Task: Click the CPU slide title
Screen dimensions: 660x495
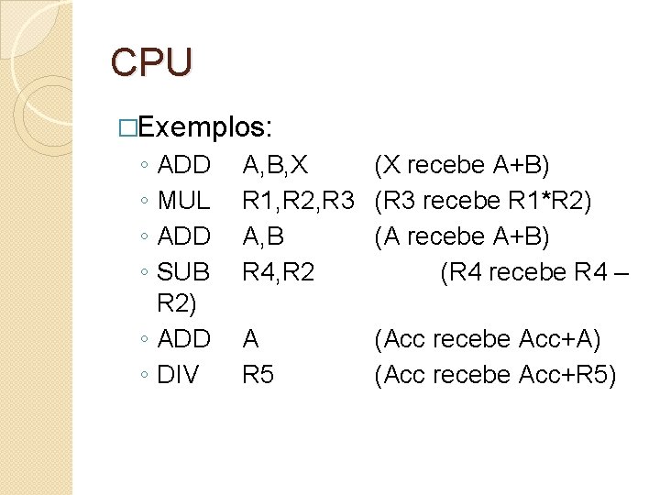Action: (x=152, y=62)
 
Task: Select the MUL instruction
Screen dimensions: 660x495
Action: (x=184, y=201)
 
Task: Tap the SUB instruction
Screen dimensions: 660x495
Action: (x=184, y=272)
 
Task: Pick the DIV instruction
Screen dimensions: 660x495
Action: (x=179, y=375)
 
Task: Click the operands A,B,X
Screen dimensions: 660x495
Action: (x=274, y=166)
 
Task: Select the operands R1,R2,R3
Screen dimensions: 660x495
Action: (x=298, y=201)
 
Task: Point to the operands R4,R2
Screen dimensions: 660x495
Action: (x=278, y=272)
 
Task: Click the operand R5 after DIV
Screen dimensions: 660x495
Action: (x=258, y=375)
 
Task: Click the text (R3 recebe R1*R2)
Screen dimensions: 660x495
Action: (x=482, y=201)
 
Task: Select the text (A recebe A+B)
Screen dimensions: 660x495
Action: (x=462, y=236)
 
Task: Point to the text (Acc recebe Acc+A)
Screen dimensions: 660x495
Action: (x=487, y=340)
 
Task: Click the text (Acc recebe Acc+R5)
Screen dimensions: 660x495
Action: (x=495, y=375)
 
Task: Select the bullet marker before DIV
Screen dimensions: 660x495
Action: (x=146, y=376)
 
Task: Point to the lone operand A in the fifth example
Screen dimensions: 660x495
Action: (x=250, y=340)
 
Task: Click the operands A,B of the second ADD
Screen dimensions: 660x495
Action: (x=263, y=236)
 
